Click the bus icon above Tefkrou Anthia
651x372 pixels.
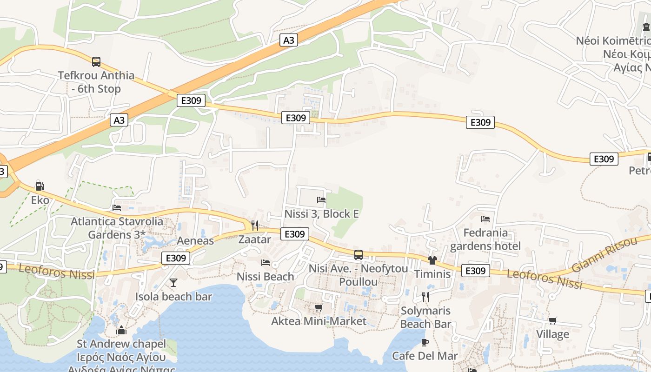click(96, 61)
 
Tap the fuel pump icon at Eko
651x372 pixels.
click(40, 186)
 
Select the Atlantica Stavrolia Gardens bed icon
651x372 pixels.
click(117, 207)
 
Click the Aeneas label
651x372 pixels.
click(195, 240)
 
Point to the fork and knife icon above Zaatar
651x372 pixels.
click(254, 226)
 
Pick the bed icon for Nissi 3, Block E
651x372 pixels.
click(321, 200)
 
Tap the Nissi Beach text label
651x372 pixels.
click(265, 276)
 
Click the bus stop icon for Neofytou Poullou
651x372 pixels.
click(359, 255)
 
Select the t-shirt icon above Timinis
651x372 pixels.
click(432, 260)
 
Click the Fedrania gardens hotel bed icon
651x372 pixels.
click(485, 219)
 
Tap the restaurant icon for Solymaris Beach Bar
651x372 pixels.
click(425, 297)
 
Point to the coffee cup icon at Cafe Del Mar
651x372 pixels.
click(425, 342)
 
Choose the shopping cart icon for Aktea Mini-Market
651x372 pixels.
click(319, 307)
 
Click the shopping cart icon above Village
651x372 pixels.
click(552, 320)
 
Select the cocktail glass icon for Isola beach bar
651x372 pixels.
click(173, 282)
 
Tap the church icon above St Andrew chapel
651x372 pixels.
click(121, 330)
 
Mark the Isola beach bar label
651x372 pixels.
click(173, 296)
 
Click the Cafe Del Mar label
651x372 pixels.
click(425, 356)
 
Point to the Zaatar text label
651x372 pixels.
click(254, 239)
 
